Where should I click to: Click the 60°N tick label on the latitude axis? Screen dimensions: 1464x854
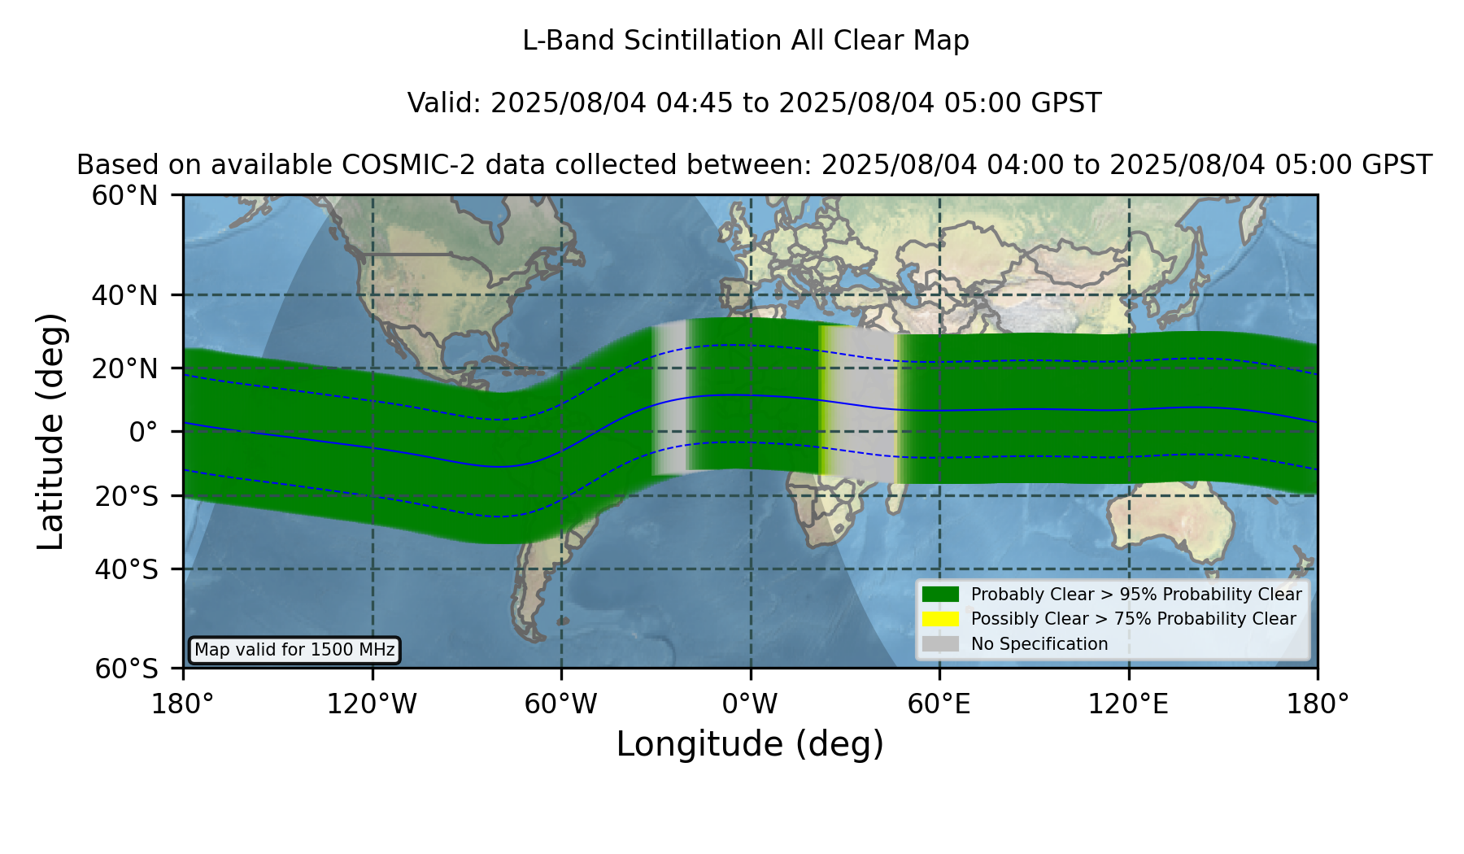coord(124,195)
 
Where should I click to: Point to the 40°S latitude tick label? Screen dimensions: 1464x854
coord(126,569)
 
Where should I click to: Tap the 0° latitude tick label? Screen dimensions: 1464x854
coord(143,432)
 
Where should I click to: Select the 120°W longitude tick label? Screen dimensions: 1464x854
coord(372,704)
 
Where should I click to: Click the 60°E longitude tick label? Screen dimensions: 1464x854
coord(939,704)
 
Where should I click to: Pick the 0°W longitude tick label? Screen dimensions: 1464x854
coord(750,704)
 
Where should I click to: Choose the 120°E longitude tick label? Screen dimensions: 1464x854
coord(1128,704)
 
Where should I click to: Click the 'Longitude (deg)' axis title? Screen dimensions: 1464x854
coord(750,744)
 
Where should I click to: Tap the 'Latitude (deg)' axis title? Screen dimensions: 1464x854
coord(51,431)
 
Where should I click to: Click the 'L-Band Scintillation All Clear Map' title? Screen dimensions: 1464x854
coord(746,41)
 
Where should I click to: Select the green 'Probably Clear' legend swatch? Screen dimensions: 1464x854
coord(940,594)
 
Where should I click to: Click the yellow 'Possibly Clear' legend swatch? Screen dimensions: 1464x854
coord(940,619)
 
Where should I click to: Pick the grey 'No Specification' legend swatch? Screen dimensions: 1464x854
coord(940,643)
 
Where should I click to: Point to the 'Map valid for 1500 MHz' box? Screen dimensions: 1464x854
coord(294,650)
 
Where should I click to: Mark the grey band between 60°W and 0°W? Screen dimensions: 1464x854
coord(670,399)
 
